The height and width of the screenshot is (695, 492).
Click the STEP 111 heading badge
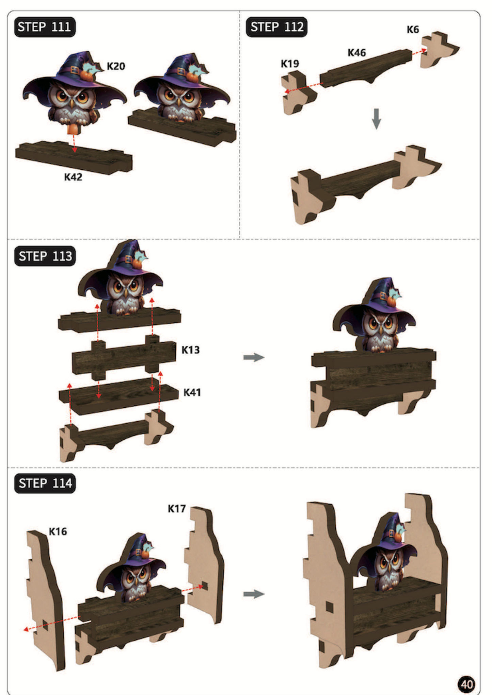[x=45, y=27]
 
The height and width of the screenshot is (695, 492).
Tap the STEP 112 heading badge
[x=277, y=27]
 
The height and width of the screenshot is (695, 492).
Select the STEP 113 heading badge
[x=45, y=256]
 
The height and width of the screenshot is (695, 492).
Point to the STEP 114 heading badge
[x=45, y=483]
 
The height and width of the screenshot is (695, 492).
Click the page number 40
[x=466, y=684]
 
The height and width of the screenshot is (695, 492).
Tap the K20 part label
[x=116, y=66]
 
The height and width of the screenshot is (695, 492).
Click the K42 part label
[x=73, y=177]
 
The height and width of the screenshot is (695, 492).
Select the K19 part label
[x=290, y=64]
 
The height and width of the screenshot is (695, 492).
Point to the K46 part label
[x=356, y=53]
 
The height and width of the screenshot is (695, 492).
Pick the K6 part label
[x=413, y=30]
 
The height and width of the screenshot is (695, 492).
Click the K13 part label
[x=190, y=350]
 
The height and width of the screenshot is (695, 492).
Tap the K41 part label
[x=192, y=392]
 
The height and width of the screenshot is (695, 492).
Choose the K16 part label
[x=58, y=531]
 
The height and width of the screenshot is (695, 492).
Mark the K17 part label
[x=177, y=509]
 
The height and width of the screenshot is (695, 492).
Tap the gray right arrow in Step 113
[x=254, y=357]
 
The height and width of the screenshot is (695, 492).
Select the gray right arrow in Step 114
[x=254, y=594]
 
